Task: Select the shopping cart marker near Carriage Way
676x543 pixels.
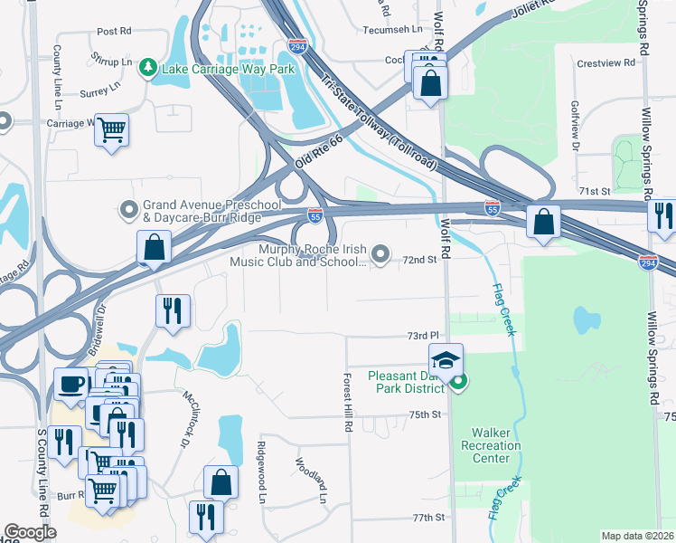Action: (112, 129)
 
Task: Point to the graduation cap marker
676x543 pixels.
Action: (445, 360)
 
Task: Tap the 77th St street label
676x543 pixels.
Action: (429, 518)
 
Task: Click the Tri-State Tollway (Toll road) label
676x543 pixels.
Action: (380, 122)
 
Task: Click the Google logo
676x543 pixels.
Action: (30, 532)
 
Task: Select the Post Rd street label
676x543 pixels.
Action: (114, 31)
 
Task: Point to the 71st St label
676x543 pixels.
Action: (595, 192)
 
